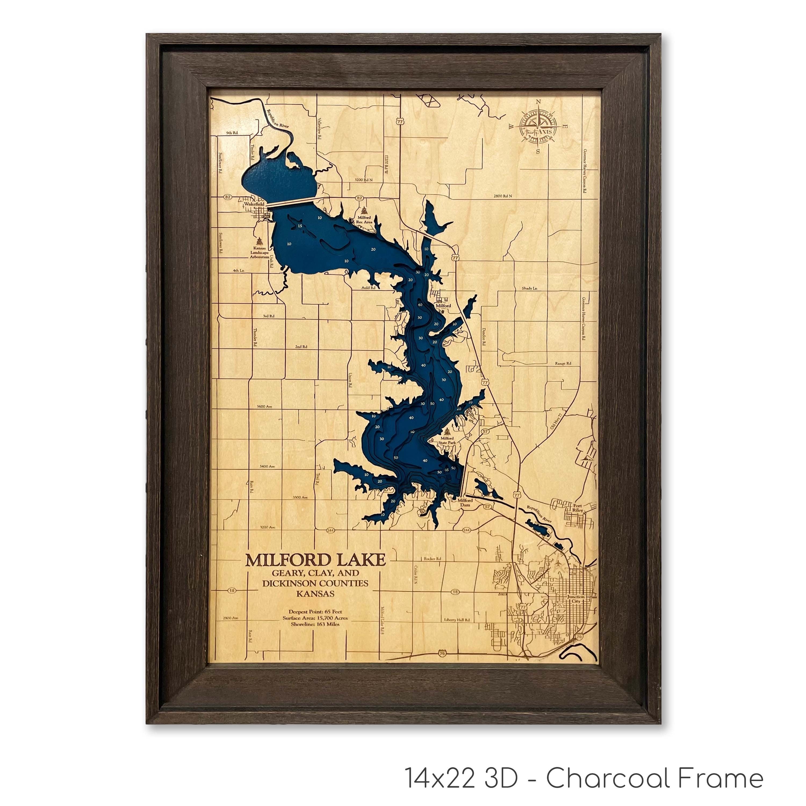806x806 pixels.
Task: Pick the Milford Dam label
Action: pyautogui.click(x=465, y=502)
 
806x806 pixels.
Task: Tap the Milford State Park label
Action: pyautogui.click(x=447, y=441)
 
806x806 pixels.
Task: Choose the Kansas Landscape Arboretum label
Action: pyautogui.click(x=260, y=252)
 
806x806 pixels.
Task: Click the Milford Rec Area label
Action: pyautogui.click(x=364, y=220)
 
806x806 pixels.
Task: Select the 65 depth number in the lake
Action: pyautogui.click(x=447, y=469)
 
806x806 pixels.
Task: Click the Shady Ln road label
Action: pyautogui.click(x=529, y=288)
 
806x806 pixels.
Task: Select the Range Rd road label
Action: pyautogui.click(x=563, y=363)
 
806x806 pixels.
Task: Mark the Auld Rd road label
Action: pyautogui.click(x=368, y=288)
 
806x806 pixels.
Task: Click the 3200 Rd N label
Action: pyautogui.click(x=363, y=180)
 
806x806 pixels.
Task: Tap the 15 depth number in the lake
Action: pyautogui.click(x=300, y=226)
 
